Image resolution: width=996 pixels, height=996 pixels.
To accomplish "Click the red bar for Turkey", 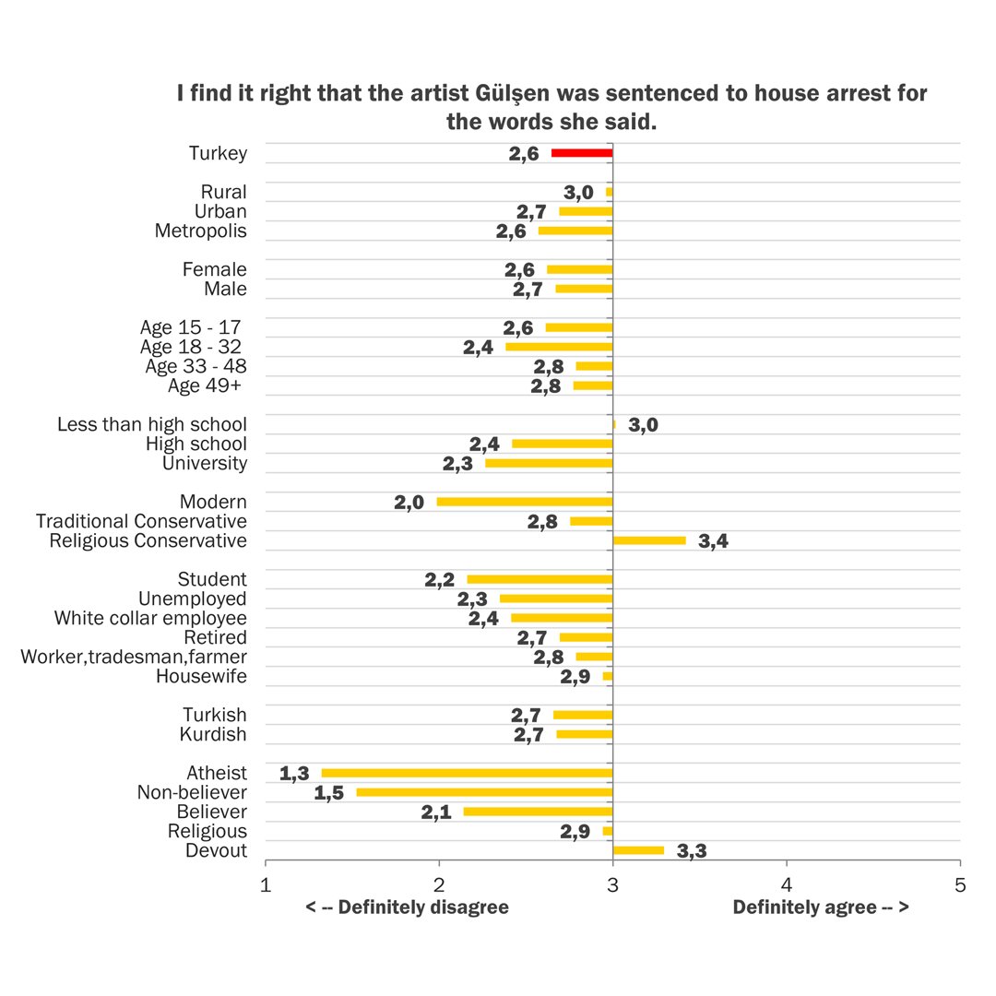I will tap(582, 153).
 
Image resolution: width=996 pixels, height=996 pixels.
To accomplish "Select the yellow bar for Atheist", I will tap(467, 773).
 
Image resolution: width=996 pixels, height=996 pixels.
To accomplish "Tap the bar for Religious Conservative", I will tap(649, 540).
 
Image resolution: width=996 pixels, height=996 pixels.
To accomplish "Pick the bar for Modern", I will tap(525, 502).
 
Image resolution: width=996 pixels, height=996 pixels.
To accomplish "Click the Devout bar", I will tap(638, 850).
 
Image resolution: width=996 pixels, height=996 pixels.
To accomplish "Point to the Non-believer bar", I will tap(484, 792).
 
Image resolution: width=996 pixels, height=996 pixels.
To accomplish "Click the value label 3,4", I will tap(714, 541).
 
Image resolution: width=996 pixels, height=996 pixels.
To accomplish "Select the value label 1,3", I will tap(294, 774).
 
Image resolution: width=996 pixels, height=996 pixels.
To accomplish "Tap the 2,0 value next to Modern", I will tap(409, 503).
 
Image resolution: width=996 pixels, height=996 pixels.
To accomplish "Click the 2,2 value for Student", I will tap(440, 580).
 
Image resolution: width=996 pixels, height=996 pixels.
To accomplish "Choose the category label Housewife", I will tap(201, 676).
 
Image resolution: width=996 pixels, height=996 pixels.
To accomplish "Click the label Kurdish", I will tap(214, 734).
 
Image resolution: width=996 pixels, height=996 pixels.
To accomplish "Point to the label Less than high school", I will tap(152, 424).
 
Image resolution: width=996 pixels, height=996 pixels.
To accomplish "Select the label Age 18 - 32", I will tap(192, 347).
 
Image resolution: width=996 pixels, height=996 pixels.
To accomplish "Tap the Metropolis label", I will tap(201, 231).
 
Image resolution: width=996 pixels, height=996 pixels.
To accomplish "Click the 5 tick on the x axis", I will tap(960, 885).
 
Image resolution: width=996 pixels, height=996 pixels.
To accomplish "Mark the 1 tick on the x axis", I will tap(266, 885).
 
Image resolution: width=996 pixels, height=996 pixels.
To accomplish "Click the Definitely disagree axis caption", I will tap(407, 907).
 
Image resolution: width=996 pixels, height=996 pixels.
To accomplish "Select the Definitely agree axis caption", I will tap(821, 907).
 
